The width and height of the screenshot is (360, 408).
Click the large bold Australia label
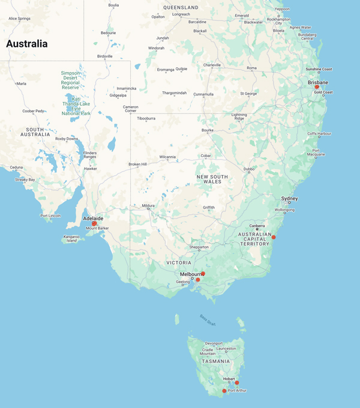26,44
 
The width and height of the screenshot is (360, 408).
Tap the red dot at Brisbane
317,87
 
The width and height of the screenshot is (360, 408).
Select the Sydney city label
289,199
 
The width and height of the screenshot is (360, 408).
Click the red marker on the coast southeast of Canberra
274,237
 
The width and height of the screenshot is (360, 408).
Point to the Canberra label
257,226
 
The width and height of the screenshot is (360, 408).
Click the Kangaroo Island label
71,239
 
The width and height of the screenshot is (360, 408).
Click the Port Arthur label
237,391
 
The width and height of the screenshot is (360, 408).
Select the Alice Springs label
19,19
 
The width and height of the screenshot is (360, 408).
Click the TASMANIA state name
215,361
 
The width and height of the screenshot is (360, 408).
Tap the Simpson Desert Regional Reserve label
70,80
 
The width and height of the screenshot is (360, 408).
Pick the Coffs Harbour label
319,133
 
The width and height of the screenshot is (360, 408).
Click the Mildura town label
148,206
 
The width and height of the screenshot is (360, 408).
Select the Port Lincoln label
51,215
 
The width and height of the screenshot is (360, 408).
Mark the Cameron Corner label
131,108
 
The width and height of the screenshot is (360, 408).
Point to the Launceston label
226,348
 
